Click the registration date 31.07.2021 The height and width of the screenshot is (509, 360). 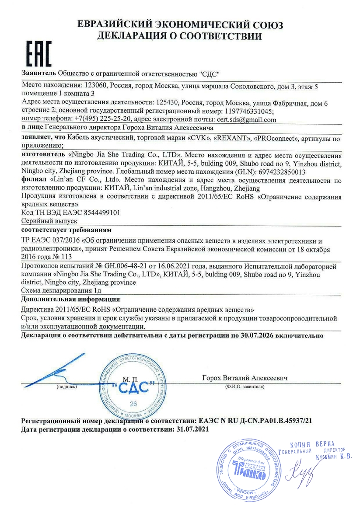191,430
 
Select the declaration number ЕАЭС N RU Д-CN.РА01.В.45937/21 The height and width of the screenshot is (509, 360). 255,421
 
